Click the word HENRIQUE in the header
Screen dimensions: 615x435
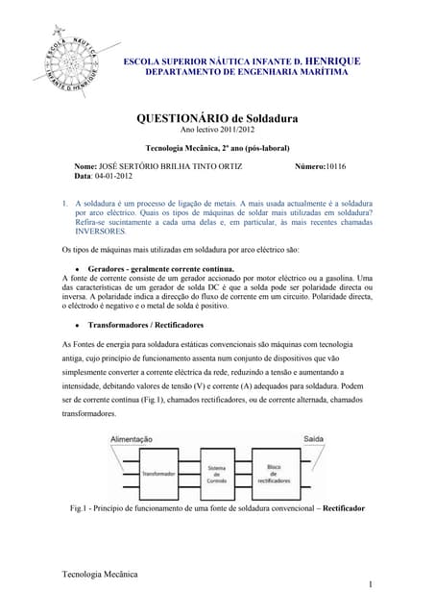point(327,61)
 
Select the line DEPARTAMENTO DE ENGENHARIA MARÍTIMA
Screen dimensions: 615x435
point(246,73)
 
